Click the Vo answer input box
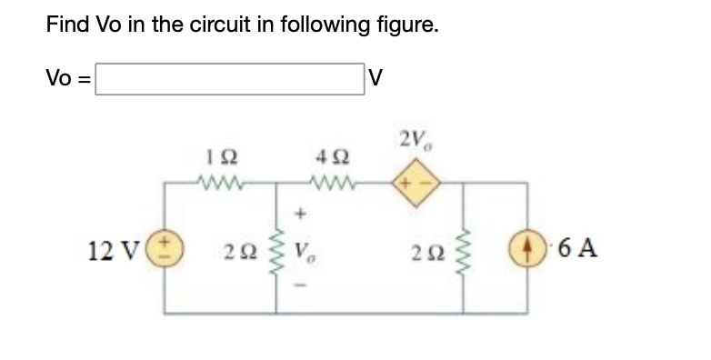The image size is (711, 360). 229,78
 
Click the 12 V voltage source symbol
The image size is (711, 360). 166,248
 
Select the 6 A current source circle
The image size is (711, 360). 528,248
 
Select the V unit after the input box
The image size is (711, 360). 375,78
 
